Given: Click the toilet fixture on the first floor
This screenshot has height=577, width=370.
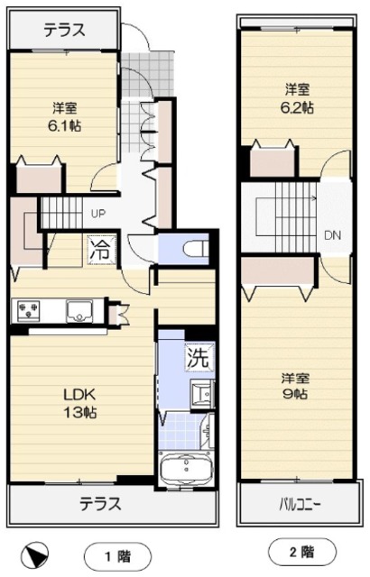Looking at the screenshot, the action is pos(196,248).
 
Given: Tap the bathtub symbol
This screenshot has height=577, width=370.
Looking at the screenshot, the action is pos(186,468).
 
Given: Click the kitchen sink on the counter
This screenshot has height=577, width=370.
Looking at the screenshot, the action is pos(79,310).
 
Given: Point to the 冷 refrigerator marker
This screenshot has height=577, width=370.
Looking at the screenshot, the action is pos(102,251).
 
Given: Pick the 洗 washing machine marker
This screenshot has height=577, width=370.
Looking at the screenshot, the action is pos(199,357).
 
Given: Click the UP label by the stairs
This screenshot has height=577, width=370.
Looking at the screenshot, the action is pos(98,214).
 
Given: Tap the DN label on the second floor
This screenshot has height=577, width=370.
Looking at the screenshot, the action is pos(332,235).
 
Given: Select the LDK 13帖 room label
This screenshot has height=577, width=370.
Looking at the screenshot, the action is pos(80,403).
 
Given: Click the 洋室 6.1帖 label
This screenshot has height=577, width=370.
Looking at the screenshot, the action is pos(64,117).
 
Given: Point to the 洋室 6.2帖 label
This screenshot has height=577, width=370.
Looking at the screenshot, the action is pos(297,98).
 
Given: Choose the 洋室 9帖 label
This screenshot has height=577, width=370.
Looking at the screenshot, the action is pos(295,386).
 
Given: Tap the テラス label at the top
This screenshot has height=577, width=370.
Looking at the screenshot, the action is pos(64,30).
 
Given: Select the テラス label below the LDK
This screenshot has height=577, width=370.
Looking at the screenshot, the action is pos(100,503).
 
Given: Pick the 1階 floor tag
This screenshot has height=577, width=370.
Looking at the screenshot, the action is pos(118,556).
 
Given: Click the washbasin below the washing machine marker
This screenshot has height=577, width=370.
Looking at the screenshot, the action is pos(202,394).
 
